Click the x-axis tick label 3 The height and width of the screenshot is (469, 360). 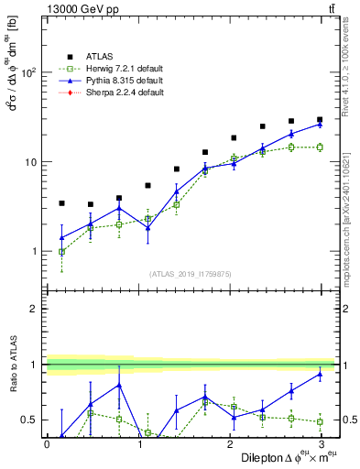pos(320,444)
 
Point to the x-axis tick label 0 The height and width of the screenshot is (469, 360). pos(47,444)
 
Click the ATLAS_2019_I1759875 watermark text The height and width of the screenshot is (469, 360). pos(191,274)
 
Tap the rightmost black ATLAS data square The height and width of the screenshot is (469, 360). pos(320,119)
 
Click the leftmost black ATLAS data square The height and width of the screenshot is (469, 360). pos(61,203)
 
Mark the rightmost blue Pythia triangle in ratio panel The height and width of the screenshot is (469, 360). pos(320,374)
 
